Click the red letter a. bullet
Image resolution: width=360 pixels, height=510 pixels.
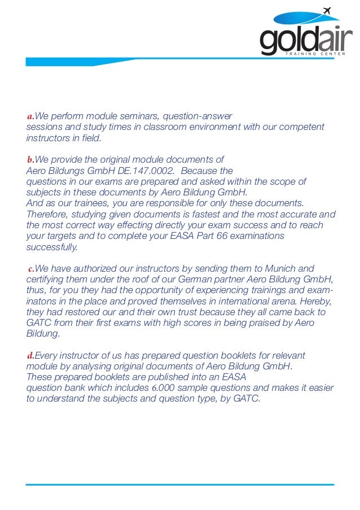tap(30, 116)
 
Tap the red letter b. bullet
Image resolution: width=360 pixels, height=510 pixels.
tap(31, 160)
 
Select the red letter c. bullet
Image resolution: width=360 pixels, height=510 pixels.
tap(32, 268)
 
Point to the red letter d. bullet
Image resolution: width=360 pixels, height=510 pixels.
tap(31, 355)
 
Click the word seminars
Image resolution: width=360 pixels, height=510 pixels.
tap(124, 116)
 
